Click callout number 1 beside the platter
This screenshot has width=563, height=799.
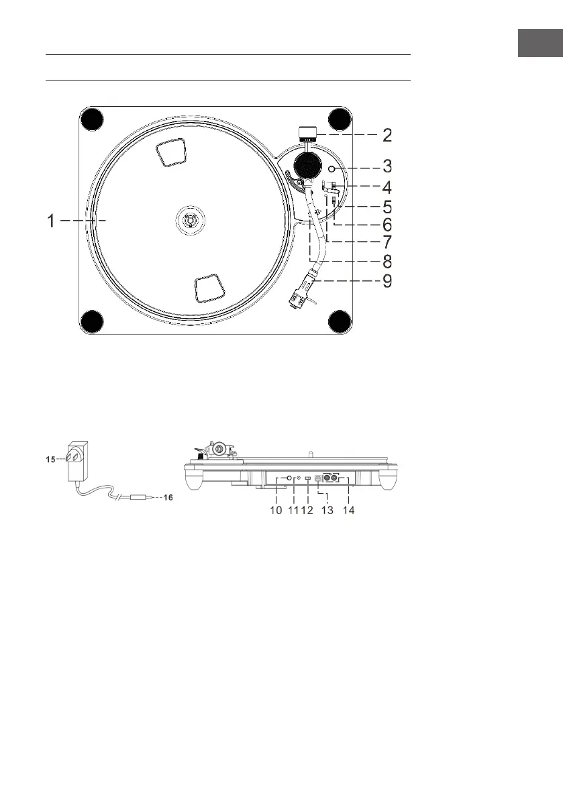[50, 221]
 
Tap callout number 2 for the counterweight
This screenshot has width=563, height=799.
[387, 136]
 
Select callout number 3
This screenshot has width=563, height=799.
[387, 166]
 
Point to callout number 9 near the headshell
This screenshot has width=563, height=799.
[387, 281]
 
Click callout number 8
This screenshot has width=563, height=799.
[387, 262]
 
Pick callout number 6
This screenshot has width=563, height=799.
[387, 225]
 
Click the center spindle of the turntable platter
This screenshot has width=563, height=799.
[188, 220]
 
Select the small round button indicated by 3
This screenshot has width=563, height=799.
[333, 169]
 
